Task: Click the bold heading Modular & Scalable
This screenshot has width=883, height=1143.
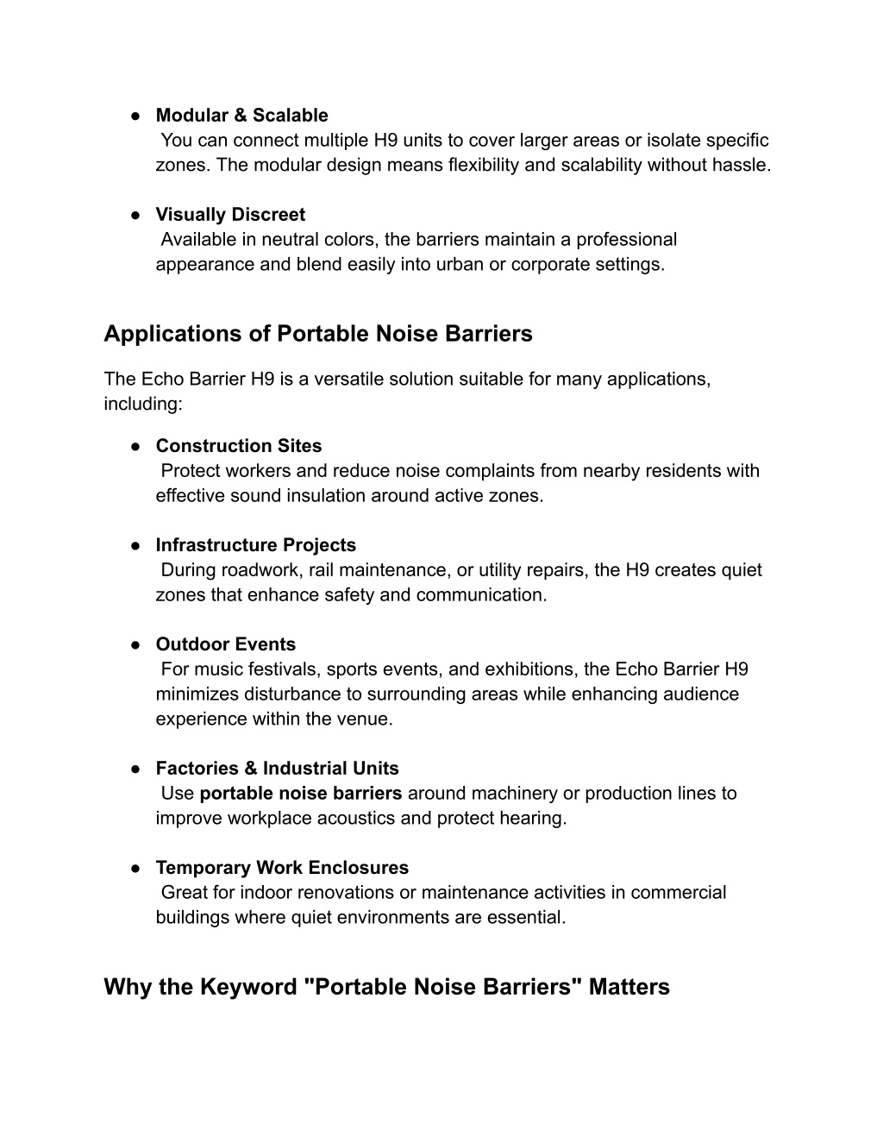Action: click(241, 116)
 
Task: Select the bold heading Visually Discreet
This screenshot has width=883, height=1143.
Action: click(230, 215)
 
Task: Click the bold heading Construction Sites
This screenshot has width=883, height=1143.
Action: click(238, 446)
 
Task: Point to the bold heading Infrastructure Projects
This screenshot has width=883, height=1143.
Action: click(255, 545)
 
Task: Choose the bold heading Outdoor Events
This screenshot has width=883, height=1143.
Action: click(225, 644)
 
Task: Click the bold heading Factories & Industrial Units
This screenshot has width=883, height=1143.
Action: click(277, 769)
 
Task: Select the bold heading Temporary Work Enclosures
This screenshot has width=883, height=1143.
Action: click(282, 868)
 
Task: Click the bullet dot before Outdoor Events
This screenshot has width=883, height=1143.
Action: click(136, 644)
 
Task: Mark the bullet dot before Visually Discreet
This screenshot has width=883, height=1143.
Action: click(136, 215)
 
